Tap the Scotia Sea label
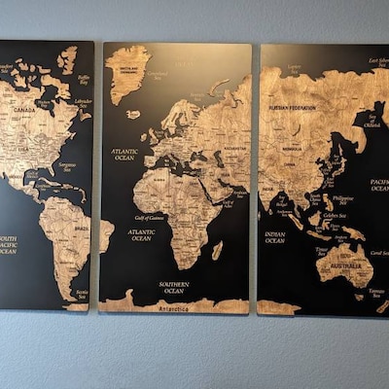click(x=82, y=293)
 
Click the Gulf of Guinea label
click(x=150, y=219)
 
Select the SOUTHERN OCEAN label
click(x=174, y=288)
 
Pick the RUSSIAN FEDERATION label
click(x=293, y=107)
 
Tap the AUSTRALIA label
click(x=345, y=265)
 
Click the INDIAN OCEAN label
click(x=275, y=236)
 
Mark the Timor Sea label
click(x=322, y=251)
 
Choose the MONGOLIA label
click(x=292, y=148)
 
